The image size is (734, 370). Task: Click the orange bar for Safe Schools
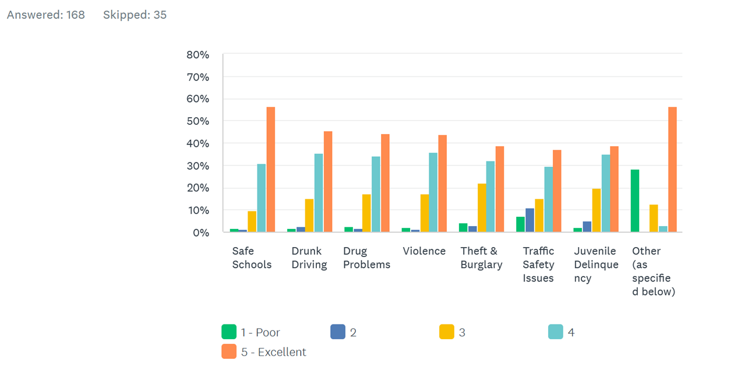pos(271,170)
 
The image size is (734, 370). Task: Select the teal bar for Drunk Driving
pos(319,193)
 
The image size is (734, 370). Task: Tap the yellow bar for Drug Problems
pos(366,213)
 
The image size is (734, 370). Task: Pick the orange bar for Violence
pos(443,184)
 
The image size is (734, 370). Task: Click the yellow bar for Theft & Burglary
pos(481,208)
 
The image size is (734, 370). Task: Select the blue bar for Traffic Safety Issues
pos(530,220)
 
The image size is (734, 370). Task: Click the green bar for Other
pos(635,201)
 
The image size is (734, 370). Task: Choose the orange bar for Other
pos(672,170)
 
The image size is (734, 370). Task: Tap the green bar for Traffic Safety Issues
pos(520,224)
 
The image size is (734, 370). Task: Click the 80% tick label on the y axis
pos(197,55)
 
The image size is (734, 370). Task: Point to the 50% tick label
pos(197,121)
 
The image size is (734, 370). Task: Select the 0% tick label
pos(200,232)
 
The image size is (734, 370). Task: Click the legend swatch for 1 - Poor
pos(229,332)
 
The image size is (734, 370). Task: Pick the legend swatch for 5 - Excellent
pos(229,351)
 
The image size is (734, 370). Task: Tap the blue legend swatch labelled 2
pos(338,332)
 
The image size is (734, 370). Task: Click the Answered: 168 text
pos(45,15)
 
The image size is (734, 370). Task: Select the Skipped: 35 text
pos(135,15)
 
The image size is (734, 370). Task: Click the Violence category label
pos(424,251)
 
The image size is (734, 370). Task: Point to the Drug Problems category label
pos(366,258)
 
